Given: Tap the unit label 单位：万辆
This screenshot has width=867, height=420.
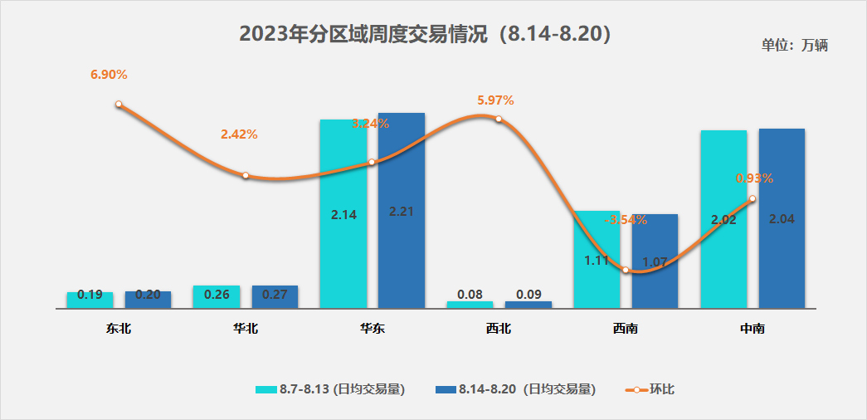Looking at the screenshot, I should (794, 45).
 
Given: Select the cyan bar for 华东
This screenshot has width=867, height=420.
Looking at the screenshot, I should (343, 249).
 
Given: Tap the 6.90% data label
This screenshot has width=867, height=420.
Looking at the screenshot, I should (109, 75).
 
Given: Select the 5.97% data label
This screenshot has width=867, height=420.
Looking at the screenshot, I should (495, 100).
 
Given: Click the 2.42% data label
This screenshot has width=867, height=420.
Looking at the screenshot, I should (239, 134).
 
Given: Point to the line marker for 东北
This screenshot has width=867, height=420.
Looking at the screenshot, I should (119, 105).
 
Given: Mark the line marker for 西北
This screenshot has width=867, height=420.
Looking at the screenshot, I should (499, 119).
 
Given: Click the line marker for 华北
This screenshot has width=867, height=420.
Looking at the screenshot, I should (246, 175).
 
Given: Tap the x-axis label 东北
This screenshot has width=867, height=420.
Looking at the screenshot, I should (119, 329).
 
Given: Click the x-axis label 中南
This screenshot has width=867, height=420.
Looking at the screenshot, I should (752, 329).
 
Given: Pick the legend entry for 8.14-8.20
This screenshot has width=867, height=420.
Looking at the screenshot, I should (515, 389).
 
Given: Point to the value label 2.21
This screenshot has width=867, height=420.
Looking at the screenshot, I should (401, 211).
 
